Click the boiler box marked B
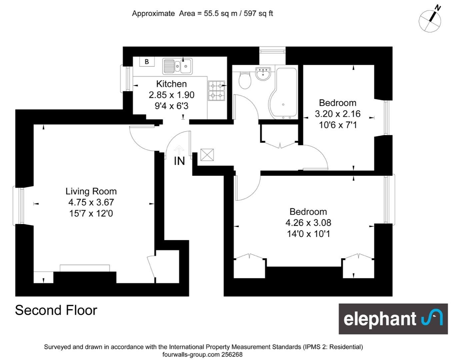[147, 62]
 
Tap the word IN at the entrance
[179, 161]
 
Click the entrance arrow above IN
[179, 150]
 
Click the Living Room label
[91, 191]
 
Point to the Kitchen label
[171, 84]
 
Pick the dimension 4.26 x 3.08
[308, 223]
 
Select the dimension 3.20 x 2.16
[338, 114]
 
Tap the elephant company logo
[393, 319]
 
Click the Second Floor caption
[56, 310]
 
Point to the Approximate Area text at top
[202, 14]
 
